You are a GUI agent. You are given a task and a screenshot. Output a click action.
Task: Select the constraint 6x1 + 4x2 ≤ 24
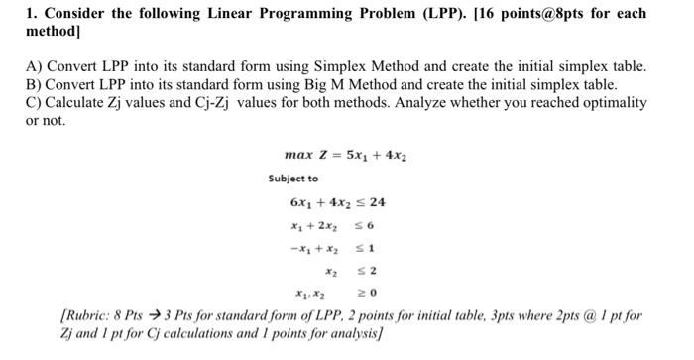(337, 203)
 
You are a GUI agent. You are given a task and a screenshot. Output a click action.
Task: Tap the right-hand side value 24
(377, 203)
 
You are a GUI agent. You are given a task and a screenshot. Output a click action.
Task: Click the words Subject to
(293, 179)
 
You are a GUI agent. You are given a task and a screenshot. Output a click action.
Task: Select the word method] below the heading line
(56, 32)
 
